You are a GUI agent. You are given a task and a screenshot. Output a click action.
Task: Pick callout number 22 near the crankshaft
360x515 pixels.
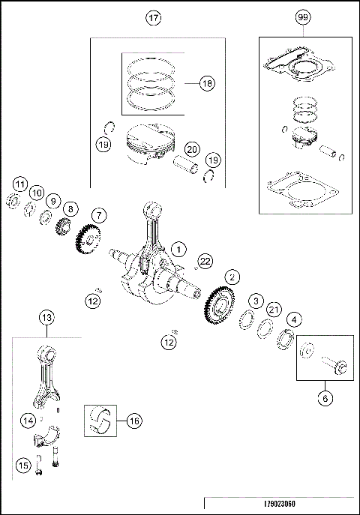click(x=205, y=260)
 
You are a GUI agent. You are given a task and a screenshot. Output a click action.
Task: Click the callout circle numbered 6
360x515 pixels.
click(x=325, y=398)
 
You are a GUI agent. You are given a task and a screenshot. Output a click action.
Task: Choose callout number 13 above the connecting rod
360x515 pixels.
click(x=46, y=318)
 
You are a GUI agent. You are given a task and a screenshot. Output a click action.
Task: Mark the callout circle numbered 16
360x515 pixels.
click(x=133, y=422)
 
